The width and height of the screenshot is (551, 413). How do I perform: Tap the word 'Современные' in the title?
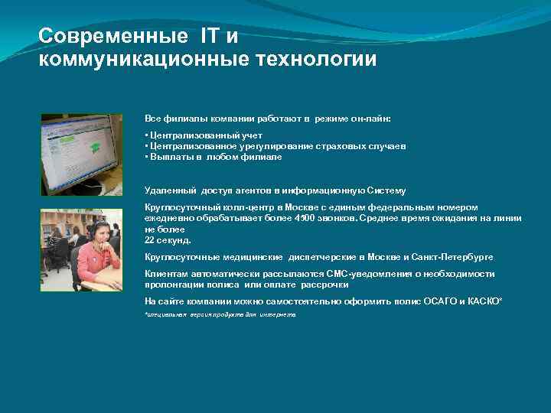point(112,35)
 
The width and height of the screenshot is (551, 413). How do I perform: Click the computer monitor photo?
point(81,154)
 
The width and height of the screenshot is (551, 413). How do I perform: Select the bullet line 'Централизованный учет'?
point(203,135)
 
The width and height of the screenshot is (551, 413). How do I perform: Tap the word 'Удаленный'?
point(170,190)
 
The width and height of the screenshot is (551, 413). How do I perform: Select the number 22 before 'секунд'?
point(150,239)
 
